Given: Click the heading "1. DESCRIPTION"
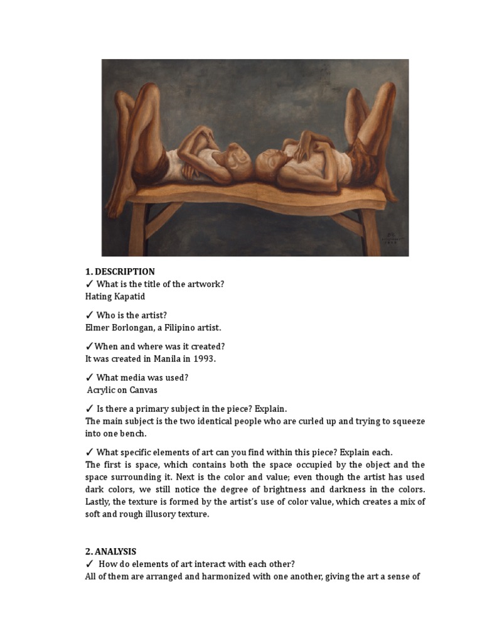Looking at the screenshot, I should click(120, 272).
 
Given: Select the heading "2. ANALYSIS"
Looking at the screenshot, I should click(110, 551).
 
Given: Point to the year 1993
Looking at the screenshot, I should click(204, 359).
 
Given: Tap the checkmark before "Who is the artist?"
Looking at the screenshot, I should click(89, 315).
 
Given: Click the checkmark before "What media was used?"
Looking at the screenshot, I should click(89, 377).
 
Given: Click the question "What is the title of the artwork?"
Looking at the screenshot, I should click(160, 284).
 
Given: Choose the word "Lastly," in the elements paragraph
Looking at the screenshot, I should click(99, 502).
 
